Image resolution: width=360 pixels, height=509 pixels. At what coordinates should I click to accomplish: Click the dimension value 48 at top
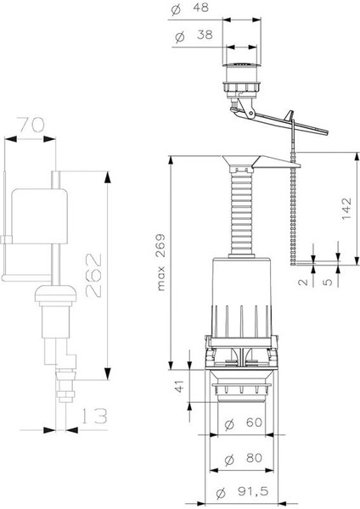202,8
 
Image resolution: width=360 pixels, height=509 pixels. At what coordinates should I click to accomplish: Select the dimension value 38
205,35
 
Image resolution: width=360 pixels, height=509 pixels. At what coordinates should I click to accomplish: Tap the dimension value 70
31,126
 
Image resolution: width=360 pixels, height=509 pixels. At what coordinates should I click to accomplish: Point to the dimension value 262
93,275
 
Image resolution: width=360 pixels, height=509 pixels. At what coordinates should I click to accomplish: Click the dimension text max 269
160,261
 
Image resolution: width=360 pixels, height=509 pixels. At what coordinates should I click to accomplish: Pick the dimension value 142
346,209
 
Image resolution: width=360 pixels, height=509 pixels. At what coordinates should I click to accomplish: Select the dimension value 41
179,386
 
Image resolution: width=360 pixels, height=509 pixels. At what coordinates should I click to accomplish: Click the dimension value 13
93,417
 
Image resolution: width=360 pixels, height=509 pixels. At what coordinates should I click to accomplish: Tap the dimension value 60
254,422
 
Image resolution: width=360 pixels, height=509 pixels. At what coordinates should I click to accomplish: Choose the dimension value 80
254,458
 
